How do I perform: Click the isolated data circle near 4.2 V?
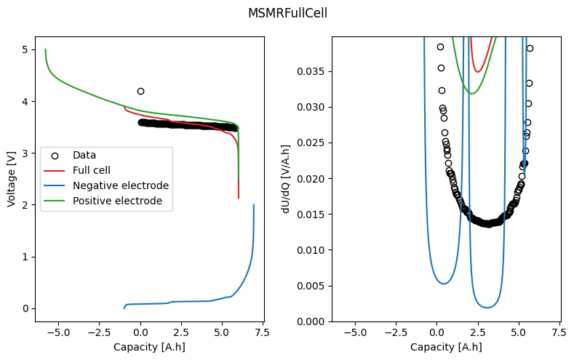tap(140, 91)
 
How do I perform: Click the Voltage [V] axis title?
tap(12, 179)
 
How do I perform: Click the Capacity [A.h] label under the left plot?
tap(149, 347)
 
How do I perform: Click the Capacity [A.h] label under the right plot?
tap(446, 347)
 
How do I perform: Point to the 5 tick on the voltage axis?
tap(25, 49)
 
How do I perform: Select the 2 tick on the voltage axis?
tap(25, 205)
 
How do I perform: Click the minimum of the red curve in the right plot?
tap(478, 71)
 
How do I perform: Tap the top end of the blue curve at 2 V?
tap(254, 205)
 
